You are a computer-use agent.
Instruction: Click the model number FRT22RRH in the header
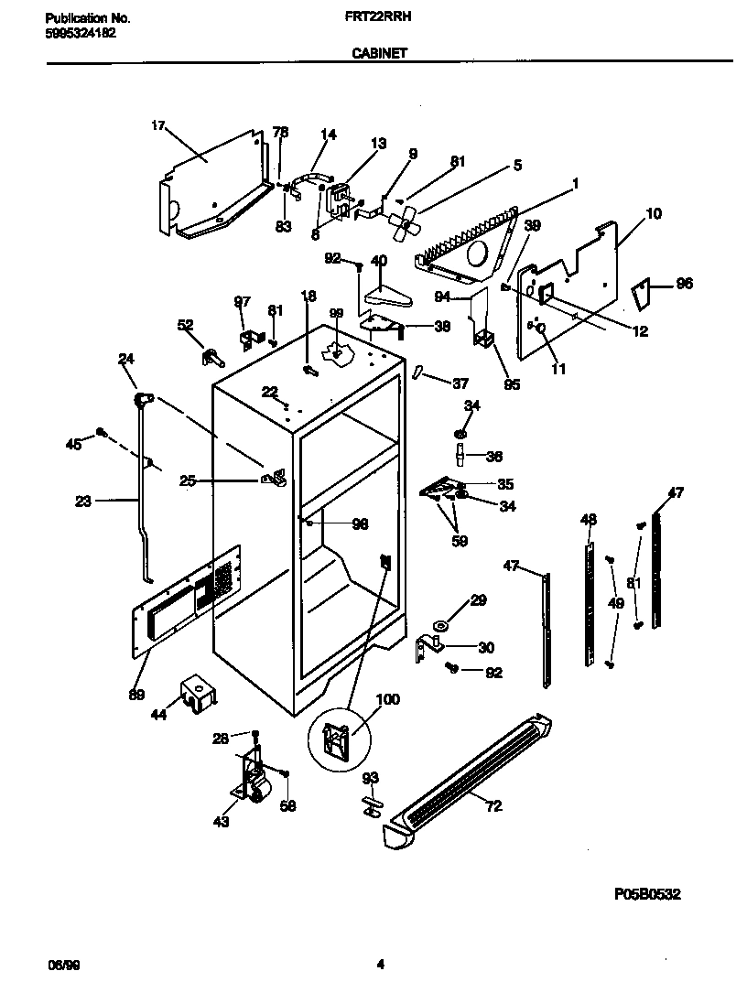click(378, 17)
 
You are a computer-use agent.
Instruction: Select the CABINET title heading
click(379, 54)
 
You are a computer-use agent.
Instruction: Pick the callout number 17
click(157, 126)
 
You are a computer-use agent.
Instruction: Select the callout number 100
click(387, 700)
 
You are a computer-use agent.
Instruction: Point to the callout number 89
click(136, 695)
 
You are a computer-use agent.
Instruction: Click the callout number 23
click(83, 501)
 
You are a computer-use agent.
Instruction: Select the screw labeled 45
click(103, 432)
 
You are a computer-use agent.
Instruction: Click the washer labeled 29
click(440, 626)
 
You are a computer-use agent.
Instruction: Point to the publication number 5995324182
click(81, 33)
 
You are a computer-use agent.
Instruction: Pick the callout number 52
click(185, 324)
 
